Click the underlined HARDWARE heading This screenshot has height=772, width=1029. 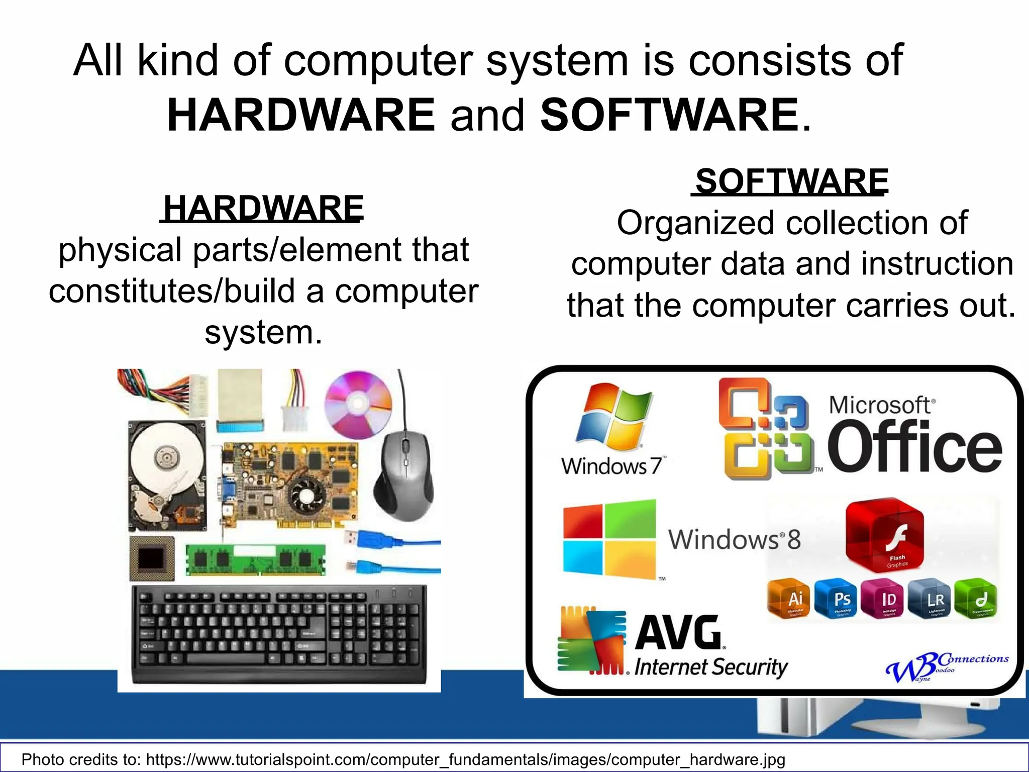coord(262,209)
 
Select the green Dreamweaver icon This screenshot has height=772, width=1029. coord(976,599)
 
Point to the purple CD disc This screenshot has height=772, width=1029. coord(358,404)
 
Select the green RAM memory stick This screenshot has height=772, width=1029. coord(255,559)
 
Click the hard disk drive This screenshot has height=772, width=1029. coord(167,475)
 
